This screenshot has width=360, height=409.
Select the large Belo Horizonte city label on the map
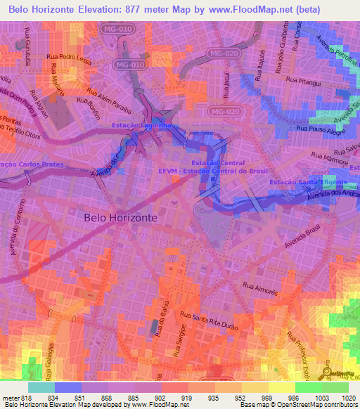[121, 218]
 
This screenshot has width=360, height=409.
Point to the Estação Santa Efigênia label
[304, 183]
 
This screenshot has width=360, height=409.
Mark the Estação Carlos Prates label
[32, 164]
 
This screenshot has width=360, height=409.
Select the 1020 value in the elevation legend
[340, 398]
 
